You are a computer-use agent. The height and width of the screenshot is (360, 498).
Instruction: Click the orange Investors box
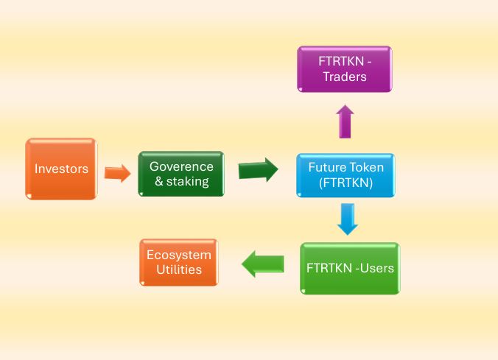tap(61, 169)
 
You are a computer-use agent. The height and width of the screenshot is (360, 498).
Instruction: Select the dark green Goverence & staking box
tap(181, 174)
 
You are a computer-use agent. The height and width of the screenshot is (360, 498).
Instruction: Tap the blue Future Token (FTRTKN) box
tap(346, 175)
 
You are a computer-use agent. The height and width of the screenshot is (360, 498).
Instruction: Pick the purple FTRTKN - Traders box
tap(344, 69)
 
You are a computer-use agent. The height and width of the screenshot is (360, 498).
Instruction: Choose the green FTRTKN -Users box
tap(350, 268)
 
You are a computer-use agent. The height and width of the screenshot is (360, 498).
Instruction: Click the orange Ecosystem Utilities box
tap(179, 262)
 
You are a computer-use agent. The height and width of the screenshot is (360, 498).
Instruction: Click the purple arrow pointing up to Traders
tap(345, 121)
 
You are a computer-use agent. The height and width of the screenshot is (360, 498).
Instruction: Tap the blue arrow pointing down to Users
tap(347, 219)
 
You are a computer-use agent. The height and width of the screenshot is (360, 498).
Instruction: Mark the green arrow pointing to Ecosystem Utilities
tap(263, 264)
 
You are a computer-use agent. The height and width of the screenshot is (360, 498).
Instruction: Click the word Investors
tap(61, 169)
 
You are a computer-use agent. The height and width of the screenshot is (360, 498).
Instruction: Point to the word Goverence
tap(181, 166)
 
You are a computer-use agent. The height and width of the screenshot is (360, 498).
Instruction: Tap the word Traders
tap(344, 77)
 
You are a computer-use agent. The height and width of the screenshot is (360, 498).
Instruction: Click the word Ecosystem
tap(179, 255)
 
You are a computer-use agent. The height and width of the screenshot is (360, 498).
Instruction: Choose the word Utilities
tap(179, 269)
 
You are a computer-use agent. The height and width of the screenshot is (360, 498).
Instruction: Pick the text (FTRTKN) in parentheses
tap(346, 183)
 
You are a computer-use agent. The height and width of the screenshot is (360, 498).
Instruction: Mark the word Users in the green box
tap(376, 268)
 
